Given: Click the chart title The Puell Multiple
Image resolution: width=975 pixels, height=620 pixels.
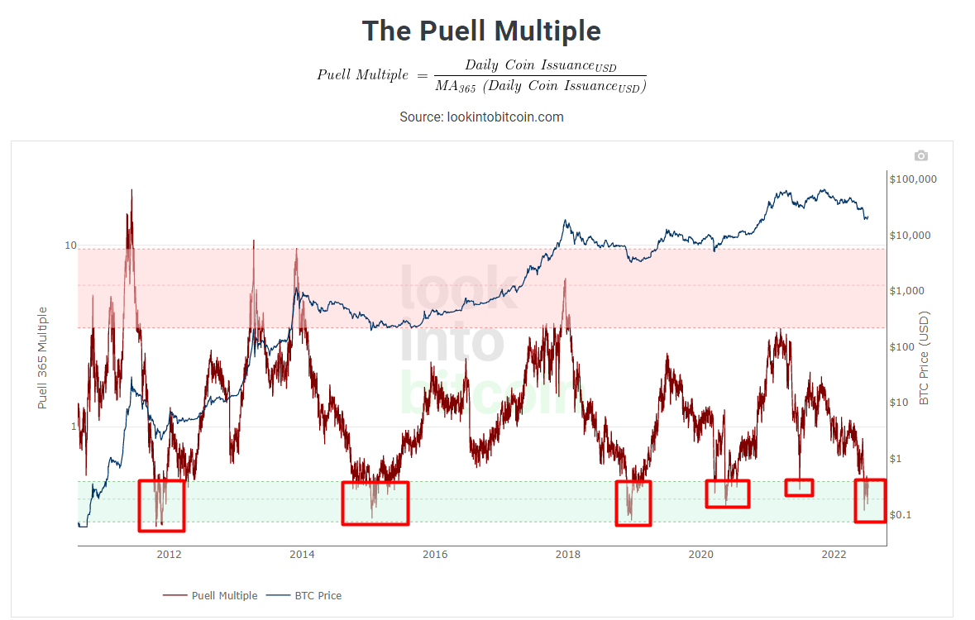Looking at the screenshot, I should [481, 31].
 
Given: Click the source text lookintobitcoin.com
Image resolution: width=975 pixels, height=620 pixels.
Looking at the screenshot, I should [481, 117].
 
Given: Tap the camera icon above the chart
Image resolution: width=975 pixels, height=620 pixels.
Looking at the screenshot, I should [920, 155].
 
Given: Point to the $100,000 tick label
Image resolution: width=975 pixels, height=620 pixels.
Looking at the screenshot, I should [912, 179].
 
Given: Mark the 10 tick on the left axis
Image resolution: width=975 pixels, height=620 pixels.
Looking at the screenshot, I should [71, 246].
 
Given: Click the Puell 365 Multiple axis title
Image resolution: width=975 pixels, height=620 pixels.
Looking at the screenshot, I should [43, 357].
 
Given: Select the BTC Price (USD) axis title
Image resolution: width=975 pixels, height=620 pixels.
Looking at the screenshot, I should [925, 357].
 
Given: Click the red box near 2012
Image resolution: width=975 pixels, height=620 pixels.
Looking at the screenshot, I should [160, 504].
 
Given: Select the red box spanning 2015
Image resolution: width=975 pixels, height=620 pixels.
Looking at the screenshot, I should [375, 503].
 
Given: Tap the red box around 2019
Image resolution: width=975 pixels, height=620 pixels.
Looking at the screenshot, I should [633, 503].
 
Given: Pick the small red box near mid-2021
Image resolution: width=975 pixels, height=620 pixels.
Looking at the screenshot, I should [799, 487].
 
